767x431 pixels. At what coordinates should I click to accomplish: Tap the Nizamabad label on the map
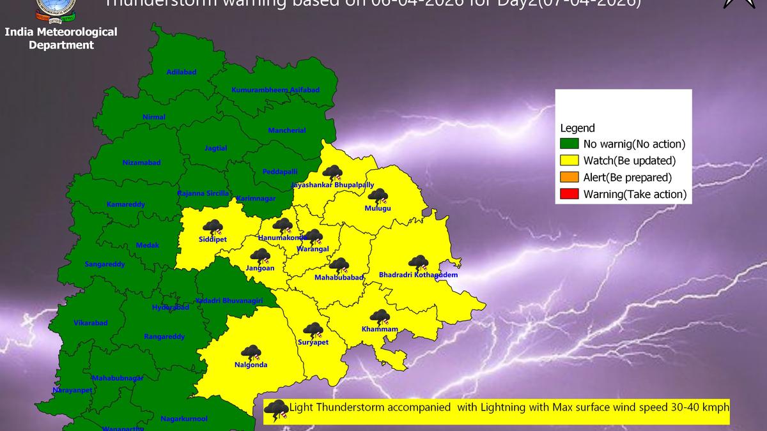pyautogui.click(x=141, y=163)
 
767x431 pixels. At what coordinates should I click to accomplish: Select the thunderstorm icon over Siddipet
pyautogui.click(x=212, y=227)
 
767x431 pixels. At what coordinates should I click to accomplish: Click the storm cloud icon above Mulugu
pyautogui.click(x=378, y=196)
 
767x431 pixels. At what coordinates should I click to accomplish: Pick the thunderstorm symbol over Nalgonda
pyautogui.click(x=251, y=352)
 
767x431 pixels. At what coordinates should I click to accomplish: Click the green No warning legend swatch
pyautogui.click(x=569, y=144)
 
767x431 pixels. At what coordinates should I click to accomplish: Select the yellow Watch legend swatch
pyautogui.click(x=569, y=160)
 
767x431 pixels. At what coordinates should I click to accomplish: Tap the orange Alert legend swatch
pyautogui.click(x=569, y=178)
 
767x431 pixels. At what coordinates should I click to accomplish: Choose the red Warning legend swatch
pyautogui.click(x=569, y=194)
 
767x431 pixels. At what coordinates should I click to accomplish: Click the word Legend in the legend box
pyautogui.click(x=577, y=128)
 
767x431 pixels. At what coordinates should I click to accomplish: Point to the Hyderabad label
pyautogui.click(x=171, y=307)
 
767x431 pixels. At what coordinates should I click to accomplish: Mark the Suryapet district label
pyautogui.click(x=313, y=342)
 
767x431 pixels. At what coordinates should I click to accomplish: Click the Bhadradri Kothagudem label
pyautogui.click(x=418, y=275)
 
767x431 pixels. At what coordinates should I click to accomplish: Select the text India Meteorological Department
pyautogui.click(x=61, y=38)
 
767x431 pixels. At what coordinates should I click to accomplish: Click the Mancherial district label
pyautogui.click(x=287, y=131)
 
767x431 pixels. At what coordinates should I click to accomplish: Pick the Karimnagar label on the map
pyautogui.click(x=256, y=199)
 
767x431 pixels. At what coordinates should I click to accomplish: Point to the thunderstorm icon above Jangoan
pyautogui.click(x=260, y=257)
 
